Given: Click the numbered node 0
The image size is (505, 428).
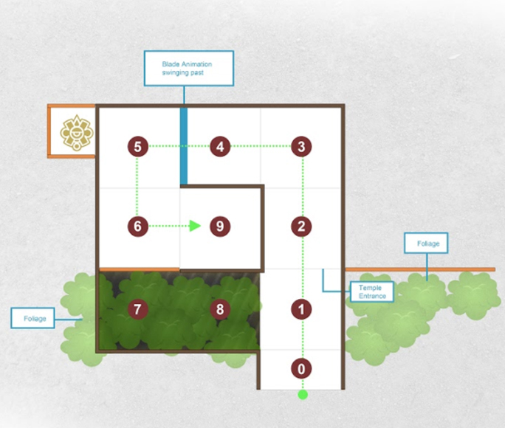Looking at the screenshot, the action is point(301,368).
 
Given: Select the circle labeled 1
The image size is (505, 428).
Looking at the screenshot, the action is point(301,309).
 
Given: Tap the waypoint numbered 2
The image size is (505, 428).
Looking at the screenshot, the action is point(301,227).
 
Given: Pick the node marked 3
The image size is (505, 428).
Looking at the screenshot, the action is point(301,146).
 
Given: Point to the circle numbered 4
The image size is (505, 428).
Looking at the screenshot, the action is point(220,146).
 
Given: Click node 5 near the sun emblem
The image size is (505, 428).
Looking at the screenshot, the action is point(138,146).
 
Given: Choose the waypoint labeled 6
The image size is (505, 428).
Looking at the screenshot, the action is point(138,227).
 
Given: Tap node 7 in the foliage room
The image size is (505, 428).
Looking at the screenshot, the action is point(138,309).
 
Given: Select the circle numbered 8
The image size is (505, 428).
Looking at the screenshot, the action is point(220,309).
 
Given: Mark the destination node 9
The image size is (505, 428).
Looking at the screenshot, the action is point(220,227).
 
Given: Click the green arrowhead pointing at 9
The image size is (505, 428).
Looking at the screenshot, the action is point(195,226).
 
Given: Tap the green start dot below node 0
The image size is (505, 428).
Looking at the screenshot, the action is point(303,395).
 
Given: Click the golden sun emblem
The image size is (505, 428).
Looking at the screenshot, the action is point(77,133).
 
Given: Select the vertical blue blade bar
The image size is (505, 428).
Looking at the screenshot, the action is point(184,146).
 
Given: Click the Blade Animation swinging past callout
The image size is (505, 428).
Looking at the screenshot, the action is point(189,68).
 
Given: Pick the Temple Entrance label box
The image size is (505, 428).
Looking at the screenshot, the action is point(372,291).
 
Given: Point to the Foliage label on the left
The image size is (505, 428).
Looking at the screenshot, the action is point(32,318).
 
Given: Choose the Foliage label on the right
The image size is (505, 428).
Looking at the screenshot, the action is point(426,243).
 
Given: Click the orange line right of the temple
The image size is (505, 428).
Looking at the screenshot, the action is point(420,269).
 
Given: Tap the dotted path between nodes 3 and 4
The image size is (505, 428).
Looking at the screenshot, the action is point(261,146).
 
